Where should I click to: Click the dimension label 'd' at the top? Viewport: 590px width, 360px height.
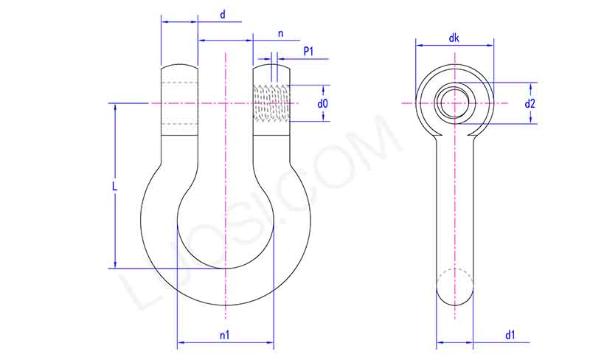point(223,14)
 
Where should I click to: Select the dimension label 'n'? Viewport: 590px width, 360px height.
point(280,33)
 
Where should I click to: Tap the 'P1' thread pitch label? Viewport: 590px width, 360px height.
point(309,51)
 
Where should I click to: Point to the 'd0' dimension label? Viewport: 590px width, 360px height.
point(322,104)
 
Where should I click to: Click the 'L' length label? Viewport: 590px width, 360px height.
point(114,187)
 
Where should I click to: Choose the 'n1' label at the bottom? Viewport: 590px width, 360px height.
point(225,335)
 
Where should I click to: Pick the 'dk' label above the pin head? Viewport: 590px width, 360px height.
point(454,38)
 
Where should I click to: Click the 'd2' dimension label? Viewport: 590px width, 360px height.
point(530,104)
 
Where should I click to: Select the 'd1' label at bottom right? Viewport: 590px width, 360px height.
point(510,335)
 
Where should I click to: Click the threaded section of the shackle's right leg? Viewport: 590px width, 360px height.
point(271,103)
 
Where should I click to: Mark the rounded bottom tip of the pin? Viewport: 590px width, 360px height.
point(454,299)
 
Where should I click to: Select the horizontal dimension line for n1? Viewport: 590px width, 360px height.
point(225,343)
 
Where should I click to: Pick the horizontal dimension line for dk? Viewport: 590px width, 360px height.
point(454,46)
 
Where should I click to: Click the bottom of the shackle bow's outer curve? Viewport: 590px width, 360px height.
point(225,305)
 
